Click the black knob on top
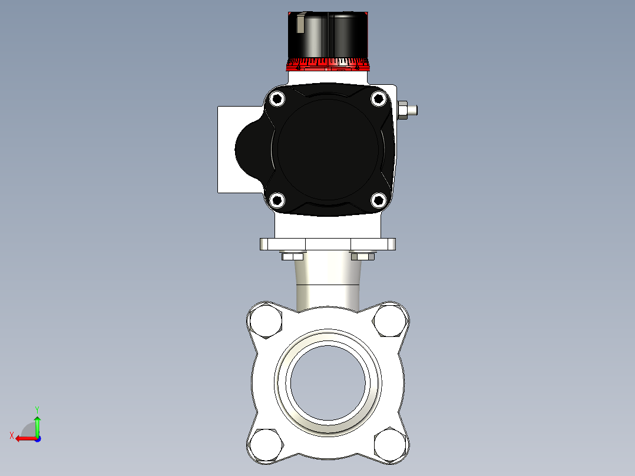pyautogui.click(x=328, y=34)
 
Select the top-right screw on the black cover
pyautogui.click(x=378, y=100)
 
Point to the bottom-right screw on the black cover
pyautogui.click(x=378, y=200)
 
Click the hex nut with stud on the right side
pyautogui.click(x=405, y=110)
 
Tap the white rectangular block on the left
pyautogui.click(x=227, y=177)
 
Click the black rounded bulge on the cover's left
pyautogui.click(x=249, y=148)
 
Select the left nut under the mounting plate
pyautogui.click(x=293, y=256)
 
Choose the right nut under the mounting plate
pyautogui.click(x=362, y=256)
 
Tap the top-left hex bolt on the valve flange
pyautogui.click(x=266, y=322)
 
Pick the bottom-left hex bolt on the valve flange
pyautogui.click(x=266, y=446)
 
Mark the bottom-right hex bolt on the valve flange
pyautogui.click(x=390, y=446)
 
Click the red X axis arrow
pyautogui.click(x=22, y=438)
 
